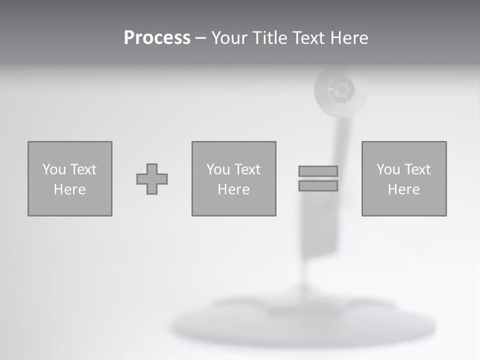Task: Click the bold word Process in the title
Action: pos(157,38)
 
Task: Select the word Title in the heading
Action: pos(269,38)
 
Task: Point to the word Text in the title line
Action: pos(308,38)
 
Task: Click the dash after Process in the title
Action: pos(200,38)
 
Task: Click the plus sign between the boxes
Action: pos(152,179)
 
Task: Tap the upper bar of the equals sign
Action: pos(318,171)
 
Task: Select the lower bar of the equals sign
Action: pos(318,186)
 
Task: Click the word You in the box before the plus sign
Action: pos(53,169)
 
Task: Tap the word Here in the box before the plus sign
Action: pos(69,189)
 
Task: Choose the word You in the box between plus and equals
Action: pos(217,169)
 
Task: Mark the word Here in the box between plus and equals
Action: pos(233,189)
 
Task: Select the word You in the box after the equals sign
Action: pos(387,169)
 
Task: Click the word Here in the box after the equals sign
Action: pos(403,189)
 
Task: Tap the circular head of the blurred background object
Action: pos(340,90)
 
